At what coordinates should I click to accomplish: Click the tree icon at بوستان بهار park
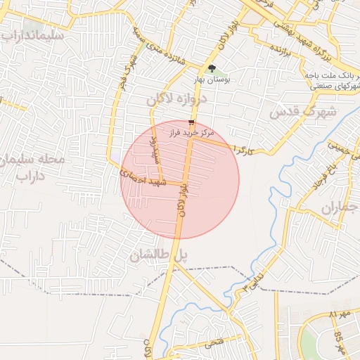tap(212, 68)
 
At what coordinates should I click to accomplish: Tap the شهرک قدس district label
tap(303, 111)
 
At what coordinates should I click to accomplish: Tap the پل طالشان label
tap(160, 257)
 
